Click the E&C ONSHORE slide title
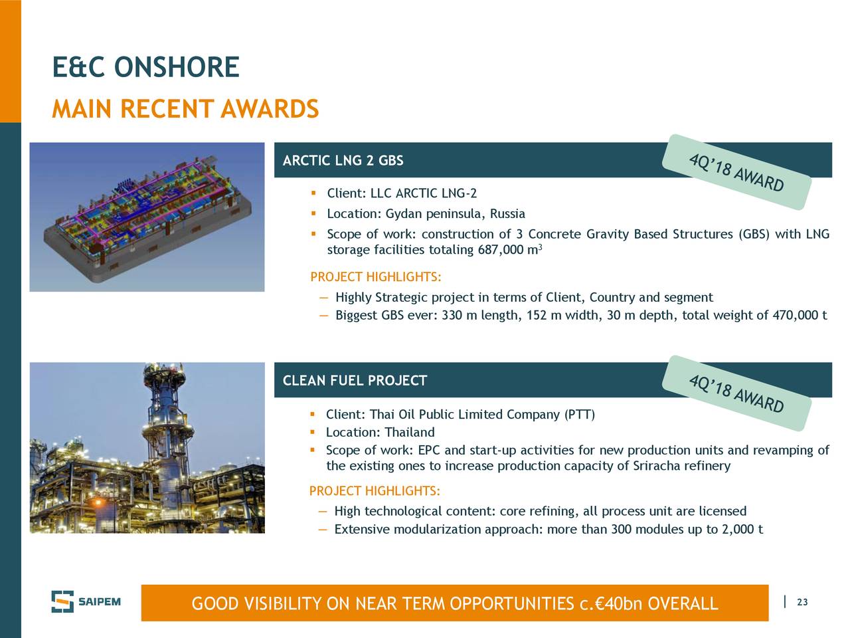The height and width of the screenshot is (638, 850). point(145,67)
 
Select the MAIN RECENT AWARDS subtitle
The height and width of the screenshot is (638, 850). point(185,108)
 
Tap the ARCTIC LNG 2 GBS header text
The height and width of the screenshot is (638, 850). point(343,160)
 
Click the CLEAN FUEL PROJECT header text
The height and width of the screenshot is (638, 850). point(355,380)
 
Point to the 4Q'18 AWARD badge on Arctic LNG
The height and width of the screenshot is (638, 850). point(736,172)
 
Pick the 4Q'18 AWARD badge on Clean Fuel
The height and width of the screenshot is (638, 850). point(736,393)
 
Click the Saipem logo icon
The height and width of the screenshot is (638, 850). point(62,601)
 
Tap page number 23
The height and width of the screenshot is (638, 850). point(802,602)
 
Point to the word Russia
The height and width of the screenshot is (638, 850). point(508,213)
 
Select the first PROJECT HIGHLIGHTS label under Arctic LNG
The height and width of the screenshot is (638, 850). point(376,277)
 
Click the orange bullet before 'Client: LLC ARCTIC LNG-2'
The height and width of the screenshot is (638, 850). point(313,193)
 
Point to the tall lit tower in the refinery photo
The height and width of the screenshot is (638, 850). point(166,438)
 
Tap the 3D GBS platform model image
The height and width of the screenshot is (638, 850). point(147,217)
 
